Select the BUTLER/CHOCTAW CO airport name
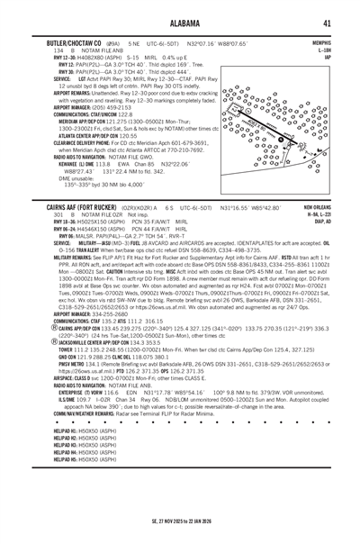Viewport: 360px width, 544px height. [65, 43]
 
